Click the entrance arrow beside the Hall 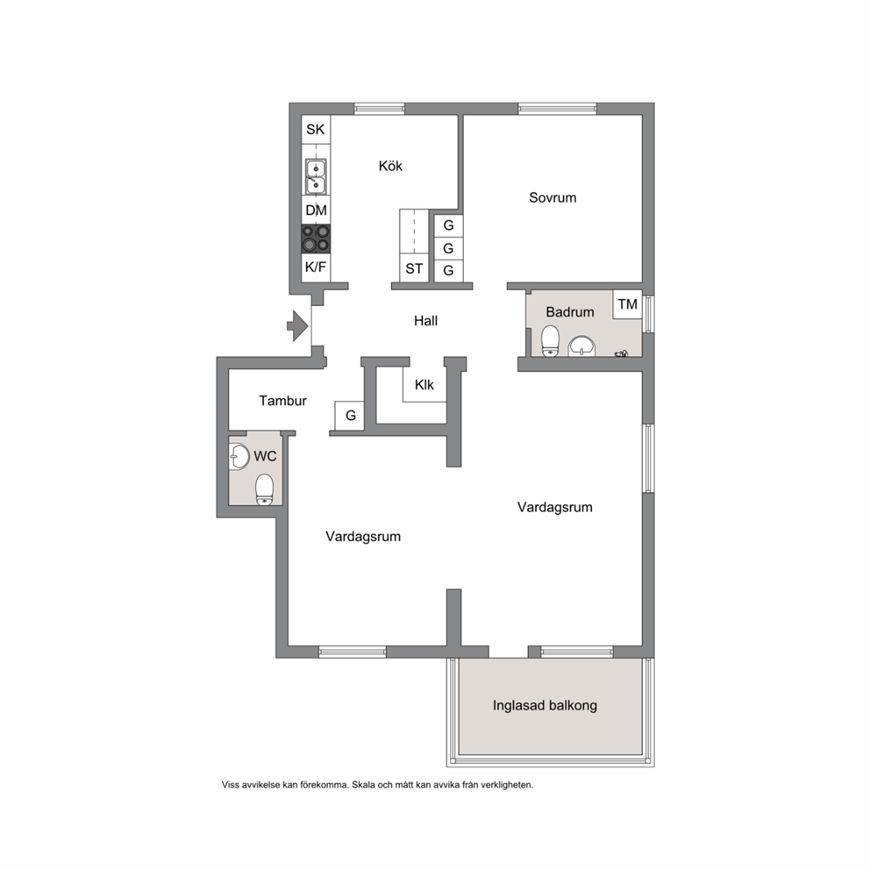[x=298, y=325]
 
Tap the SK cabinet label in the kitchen [x=316, y=129]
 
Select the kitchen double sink [x=316, y=176]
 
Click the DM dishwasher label [x=317, y=210]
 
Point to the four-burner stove [x=316, y=239]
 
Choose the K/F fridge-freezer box [x=316, y=267]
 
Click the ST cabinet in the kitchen [x=414, y=268]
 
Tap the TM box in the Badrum [x=628, y=304]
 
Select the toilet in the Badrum [x=550, y=340]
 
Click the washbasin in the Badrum [x=581, y=346]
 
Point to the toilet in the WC [x=265, y=489]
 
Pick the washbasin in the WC [x=239, y=457]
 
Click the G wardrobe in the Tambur [x=350, y=416]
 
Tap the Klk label [x=424, y=384]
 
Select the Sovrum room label [x=553, y=197]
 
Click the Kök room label [x=390, y=166]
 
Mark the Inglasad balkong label [x=545, y=706]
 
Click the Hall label [x=425, y=321]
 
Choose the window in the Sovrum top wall [x=557, y=109]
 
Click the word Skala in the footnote [x=363, y=785]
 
